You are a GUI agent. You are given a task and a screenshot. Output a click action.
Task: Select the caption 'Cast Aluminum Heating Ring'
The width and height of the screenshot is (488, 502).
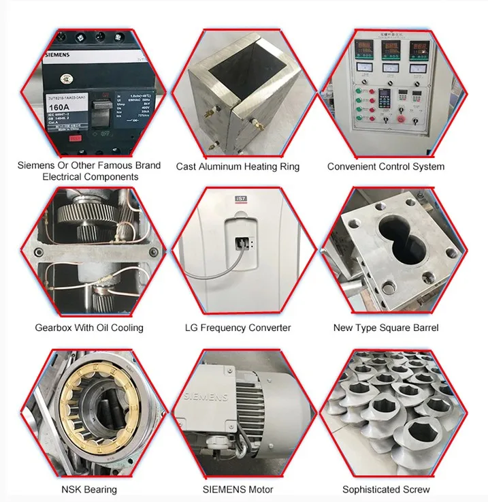tap(238, 166)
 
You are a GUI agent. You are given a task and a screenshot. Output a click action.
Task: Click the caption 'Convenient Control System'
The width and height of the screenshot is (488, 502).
tap(386, 166)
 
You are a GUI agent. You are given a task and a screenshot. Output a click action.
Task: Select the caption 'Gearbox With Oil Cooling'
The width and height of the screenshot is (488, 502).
tap(89, 328)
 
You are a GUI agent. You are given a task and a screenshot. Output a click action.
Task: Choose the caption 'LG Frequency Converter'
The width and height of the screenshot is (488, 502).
tap(238, 328)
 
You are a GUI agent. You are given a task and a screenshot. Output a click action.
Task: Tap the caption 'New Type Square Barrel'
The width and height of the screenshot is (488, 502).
tap(386, 328)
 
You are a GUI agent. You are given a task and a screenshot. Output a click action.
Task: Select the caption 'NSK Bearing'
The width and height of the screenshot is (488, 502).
tap(89, 489)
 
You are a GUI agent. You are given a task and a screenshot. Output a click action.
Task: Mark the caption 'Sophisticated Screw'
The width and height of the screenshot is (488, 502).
tap(386, 489)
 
